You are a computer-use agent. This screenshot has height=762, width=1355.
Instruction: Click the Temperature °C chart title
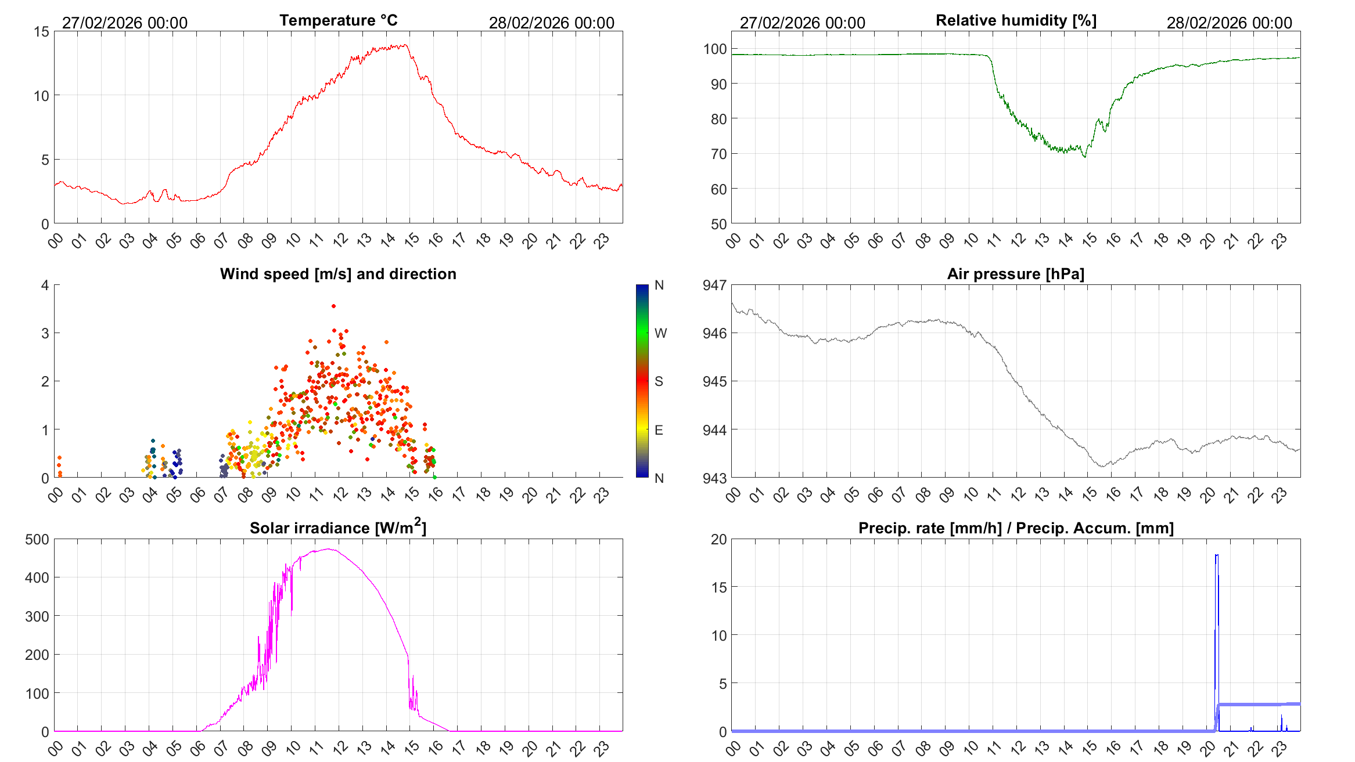click(339, 20)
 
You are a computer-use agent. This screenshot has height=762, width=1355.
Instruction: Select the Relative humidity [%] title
click(1016, 20)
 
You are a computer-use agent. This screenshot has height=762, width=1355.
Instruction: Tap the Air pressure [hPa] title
click(1015, 274)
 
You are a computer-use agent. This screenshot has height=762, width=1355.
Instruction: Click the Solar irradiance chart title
click(338, 528)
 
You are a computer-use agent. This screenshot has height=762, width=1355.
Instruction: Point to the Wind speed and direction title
click(338, 274)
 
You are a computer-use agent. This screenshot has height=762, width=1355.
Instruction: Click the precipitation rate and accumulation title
click(1016, 528)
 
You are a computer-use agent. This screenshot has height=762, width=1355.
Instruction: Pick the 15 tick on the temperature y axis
click(41, 32)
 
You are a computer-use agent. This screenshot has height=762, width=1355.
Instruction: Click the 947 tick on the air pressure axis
click(714, 285)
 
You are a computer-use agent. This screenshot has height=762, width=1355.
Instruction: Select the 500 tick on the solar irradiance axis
click(37, 539)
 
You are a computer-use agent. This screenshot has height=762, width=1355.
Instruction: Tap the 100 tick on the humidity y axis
click(715, 49)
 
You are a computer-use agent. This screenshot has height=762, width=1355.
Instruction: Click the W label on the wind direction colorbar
click(660, 333)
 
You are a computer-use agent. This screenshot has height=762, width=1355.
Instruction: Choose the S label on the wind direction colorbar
click(659, 381)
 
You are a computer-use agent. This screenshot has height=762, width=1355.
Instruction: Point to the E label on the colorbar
click(659, 430)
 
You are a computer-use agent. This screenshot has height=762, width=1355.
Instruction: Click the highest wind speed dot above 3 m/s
click(333, 306)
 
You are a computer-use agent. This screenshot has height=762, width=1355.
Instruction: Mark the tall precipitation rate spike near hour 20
click(1217, 556)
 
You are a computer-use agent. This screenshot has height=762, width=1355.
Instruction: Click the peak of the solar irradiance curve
click(329, 549)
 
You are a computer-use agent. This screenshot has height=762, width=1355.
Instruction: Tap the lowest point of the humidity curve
click(1084, 157)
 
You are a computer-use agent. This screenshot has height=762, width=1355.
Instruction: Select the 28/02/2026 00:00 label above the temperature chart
click(551, 23)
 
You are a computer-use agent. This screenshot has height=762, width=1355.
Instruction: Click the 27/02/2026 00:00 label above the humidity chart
click(802, 23)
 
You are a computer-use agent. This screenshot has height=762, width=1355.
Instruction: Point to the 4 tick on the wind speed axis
click(45, 285)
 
